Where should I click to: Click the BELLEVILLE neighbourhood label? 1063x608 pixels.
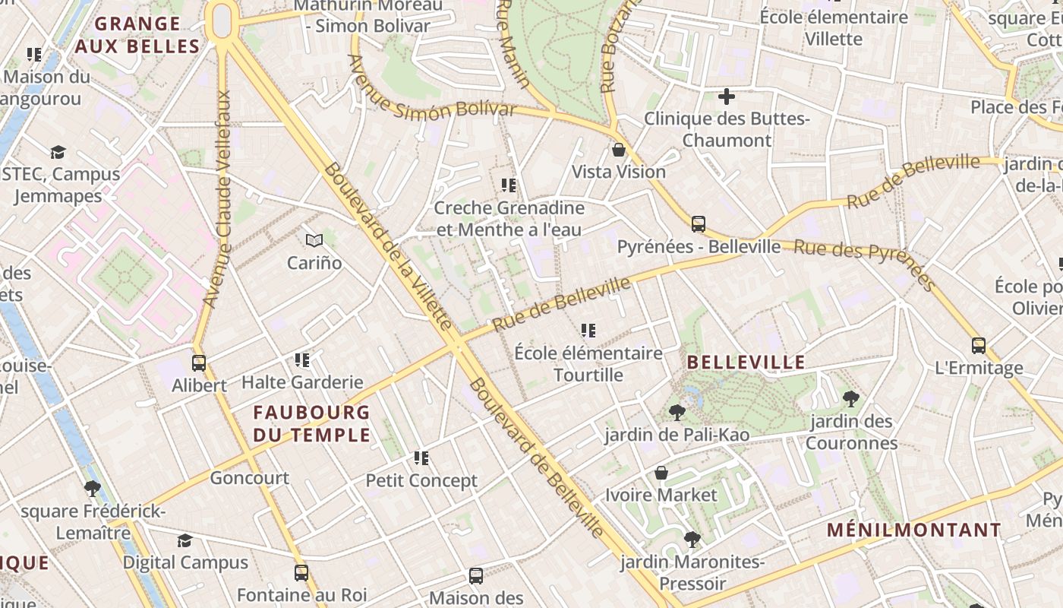(746, 363)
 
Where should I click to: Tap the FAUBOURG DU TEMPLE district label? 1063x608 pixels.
(311, 424)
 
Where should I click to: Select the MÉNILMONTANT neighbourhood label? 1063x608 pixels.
(914, 530)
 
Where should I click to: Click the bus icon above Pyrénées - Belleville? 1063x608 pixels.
(699, 224)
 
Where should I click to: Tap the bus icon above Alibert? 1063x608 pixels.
(199, 363)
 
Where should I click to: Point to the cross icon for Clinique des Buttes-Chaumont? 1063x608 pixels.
(727, 97)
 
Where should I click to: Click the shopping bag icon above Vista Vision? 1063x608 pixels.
(619, 150)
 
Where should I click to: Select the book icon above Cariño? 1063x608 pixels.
(314, 241)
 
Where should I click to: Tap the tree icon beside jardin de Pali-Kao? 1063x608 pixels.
(677, 413)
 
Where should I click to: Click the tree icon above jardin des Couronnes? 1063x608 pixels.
(851, 398)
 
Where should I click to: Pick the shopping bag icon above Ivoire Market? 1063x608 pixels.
(661, 473)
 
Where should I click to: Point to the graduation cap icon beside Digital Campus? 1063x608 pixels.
(185, 540)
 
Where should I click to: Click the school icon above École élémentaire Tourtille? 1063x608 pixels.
(588, 331)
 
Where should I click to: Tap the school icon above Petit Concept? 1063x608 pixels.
(421, 458)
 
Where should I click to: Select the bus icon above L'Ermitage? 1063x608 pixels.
(979, 346)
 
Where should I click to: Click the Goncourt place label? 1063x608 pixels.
(249, 478)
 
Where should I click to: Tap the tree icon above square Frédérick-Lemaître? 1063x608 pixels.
(93, 489)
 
